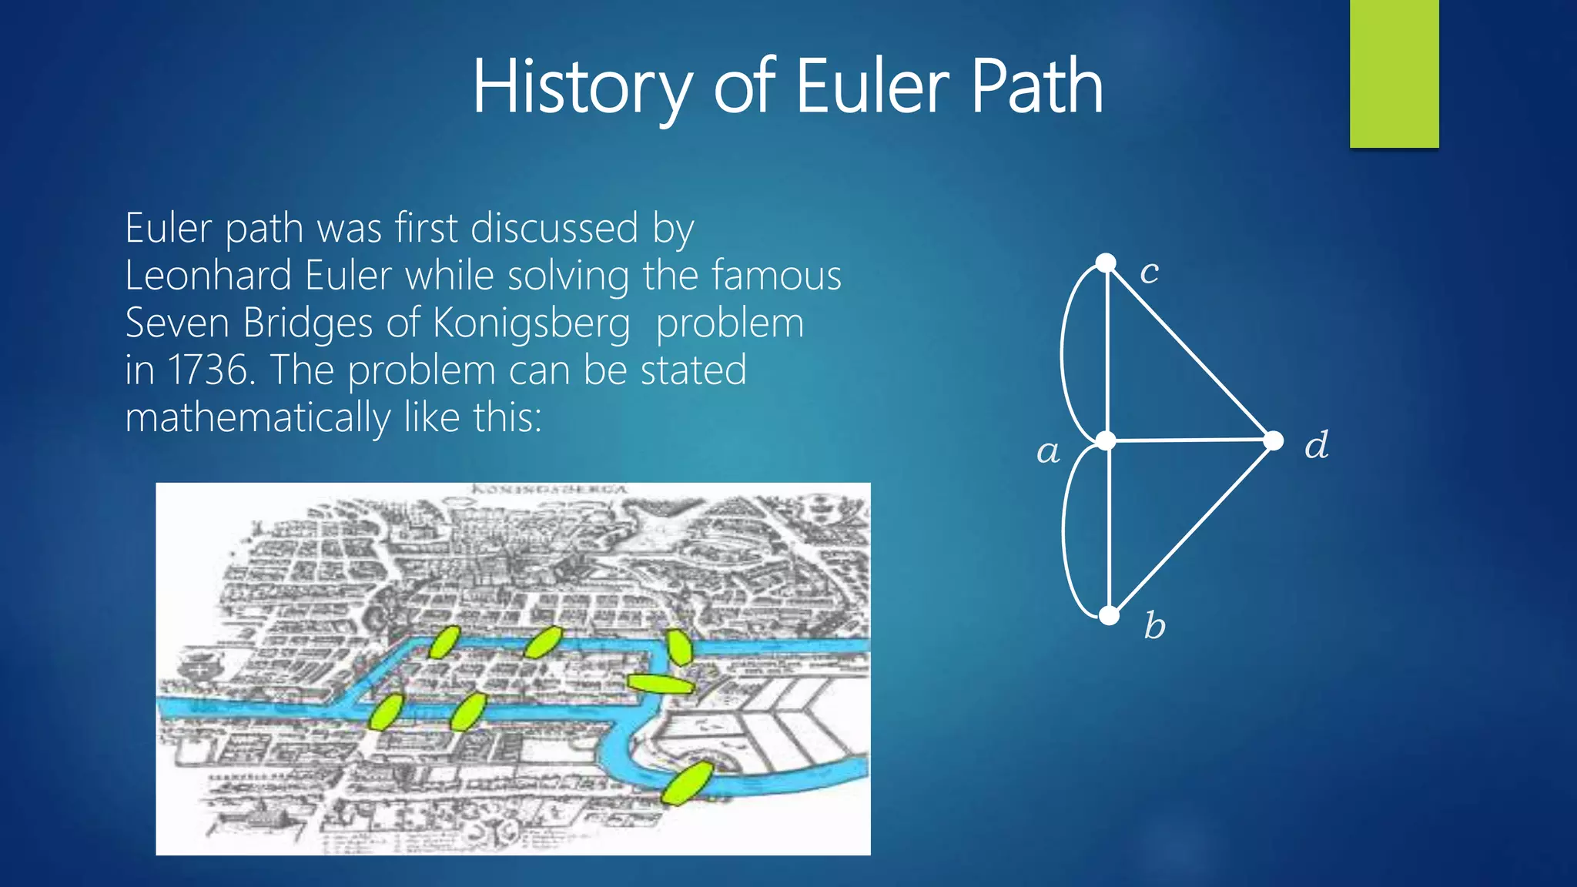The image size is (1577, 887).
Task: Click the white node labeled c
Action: tap(1106, 263)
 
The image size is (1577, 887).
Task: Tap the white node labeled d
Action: tap(1274, 440)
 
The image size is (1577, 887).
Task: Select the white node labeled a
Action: tap(1107, 440)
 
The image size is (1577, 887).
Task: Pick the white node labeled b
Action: tap(1109, 615)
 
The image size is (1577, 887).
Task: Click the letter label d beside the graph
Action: tap(1316, 445)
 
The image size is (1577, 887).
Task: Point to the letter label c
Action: tap(1149, 272)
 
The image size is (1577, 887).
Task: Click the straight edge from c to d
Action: tap(1190, 352)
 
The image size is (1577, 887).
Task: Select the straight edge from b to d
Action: tap(1191, 528)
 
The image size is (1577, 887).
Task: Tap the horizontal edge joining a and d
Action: tap(1190, 440)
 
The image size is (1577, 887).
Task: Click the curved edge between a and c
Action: tap(1063, 352)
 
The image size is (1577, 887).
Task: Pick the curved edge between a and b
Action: tap(1065, 531)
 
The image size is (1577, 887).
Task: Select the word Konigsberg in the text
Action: tap(531, 323)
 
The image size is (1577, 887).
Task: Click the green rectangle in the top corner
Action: tap(1394, 73)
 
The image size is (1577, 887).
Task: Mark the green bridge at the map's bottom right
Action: tap(687, 782)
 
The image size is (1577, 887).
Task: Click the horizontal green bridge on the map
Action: tap(661, 684)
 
